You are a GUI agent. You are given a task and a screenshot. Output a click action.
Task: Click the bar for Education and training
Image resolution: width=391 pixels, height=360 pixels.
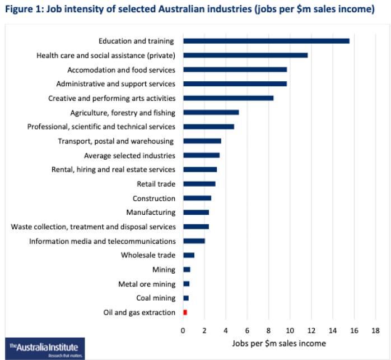pos(266,41)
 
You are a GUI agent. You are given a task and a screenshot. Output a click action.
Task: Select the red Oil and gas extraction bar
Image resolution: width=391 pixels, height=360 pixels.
pos(185,312)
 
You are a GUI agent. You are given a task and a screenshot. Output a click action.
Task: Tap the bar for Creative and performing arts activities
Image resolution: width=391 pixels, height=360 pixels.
pos(228,98)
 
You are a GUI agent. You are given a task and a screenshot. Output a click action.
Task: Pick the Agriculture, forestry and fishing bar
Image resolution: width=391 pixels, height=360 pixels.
pos(211,112)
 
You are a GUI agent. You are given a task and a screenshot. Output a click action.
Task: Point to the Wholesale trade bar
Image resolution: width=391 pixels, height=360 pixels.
pos(189,255)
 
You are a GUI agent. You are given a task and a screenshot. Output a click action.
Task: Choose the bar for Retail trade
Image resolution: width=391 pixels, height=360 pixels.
pos(199,184)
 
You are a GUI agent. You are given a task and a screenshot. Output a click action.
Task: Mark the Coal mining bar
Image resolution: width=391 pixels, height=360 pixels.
pos(186,298)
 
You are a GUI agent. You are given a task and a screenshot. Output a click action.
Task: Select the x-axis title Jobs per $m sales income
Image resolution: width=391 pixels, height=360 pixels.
pos(278,342)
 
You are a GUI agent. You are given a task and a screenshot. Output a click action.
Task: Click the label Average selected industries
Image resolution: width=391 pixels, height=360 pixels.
pos(129,155)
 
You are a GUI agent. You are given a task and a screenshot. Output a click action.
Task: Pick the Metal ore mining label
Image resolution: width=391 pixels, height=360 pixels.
pos(147,284)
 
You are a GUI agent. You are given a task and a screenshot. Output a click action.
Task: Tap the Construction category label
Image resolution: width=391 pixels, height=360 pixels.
pos(154,198)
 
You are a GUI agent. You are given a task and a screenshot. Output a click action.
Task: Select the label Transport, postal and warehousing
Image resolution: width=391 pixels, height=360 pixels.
pos(117,141)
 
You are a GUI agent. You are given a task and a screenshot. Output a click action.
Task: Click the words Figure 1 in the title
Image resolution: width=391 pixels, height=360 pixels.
pos(23,10)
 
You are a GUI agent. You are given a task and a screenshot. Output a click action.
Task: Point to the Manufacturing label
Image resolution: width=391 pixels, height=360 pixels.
pos(151,213)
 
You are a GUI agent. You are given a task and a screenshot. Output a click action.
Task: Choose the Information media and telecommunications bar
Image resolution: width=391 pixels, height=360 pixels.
pos(194,241)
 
